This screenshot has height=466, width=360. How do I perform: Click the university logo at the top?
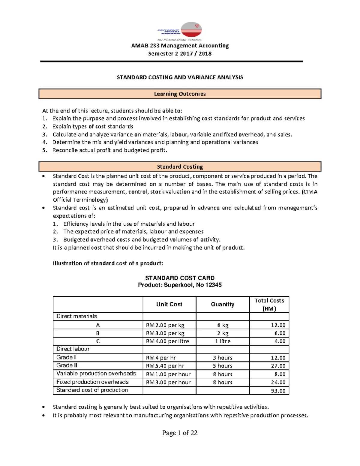coord(180,31)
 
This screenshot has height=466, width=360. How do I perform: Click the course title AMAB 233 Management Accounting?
coord(180,46)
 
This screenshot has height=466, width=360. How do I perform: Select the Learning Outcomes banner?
coord(180,94)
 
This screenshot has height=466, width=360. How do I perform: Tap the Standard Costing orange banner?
coord(180,167)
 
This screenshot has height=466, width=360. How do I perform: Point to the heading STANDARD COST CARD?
coord(180,278)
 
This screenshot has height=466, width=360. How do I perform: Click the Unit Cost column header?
coord(169,304)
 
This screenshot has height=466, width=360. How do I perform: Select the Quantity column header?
coord(223,304)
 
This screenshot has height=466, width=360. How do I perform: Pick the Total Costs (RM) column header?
coord(269,304)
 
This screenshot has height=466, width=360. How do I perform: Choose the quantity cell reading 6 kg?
coord(223,325)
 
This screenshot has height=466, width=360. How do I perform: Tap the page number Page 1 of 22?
coord(180,433)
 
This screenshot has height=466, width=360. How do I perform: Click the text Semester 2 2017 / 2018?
coord(180,54)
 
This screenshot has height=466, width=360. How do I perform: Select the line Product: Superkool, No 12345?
coord(180,285)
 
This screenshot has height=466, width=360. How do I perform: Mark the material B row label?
coord(98,333)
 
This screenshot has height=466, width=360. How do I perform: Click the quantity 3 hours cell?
coord(223,358)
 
